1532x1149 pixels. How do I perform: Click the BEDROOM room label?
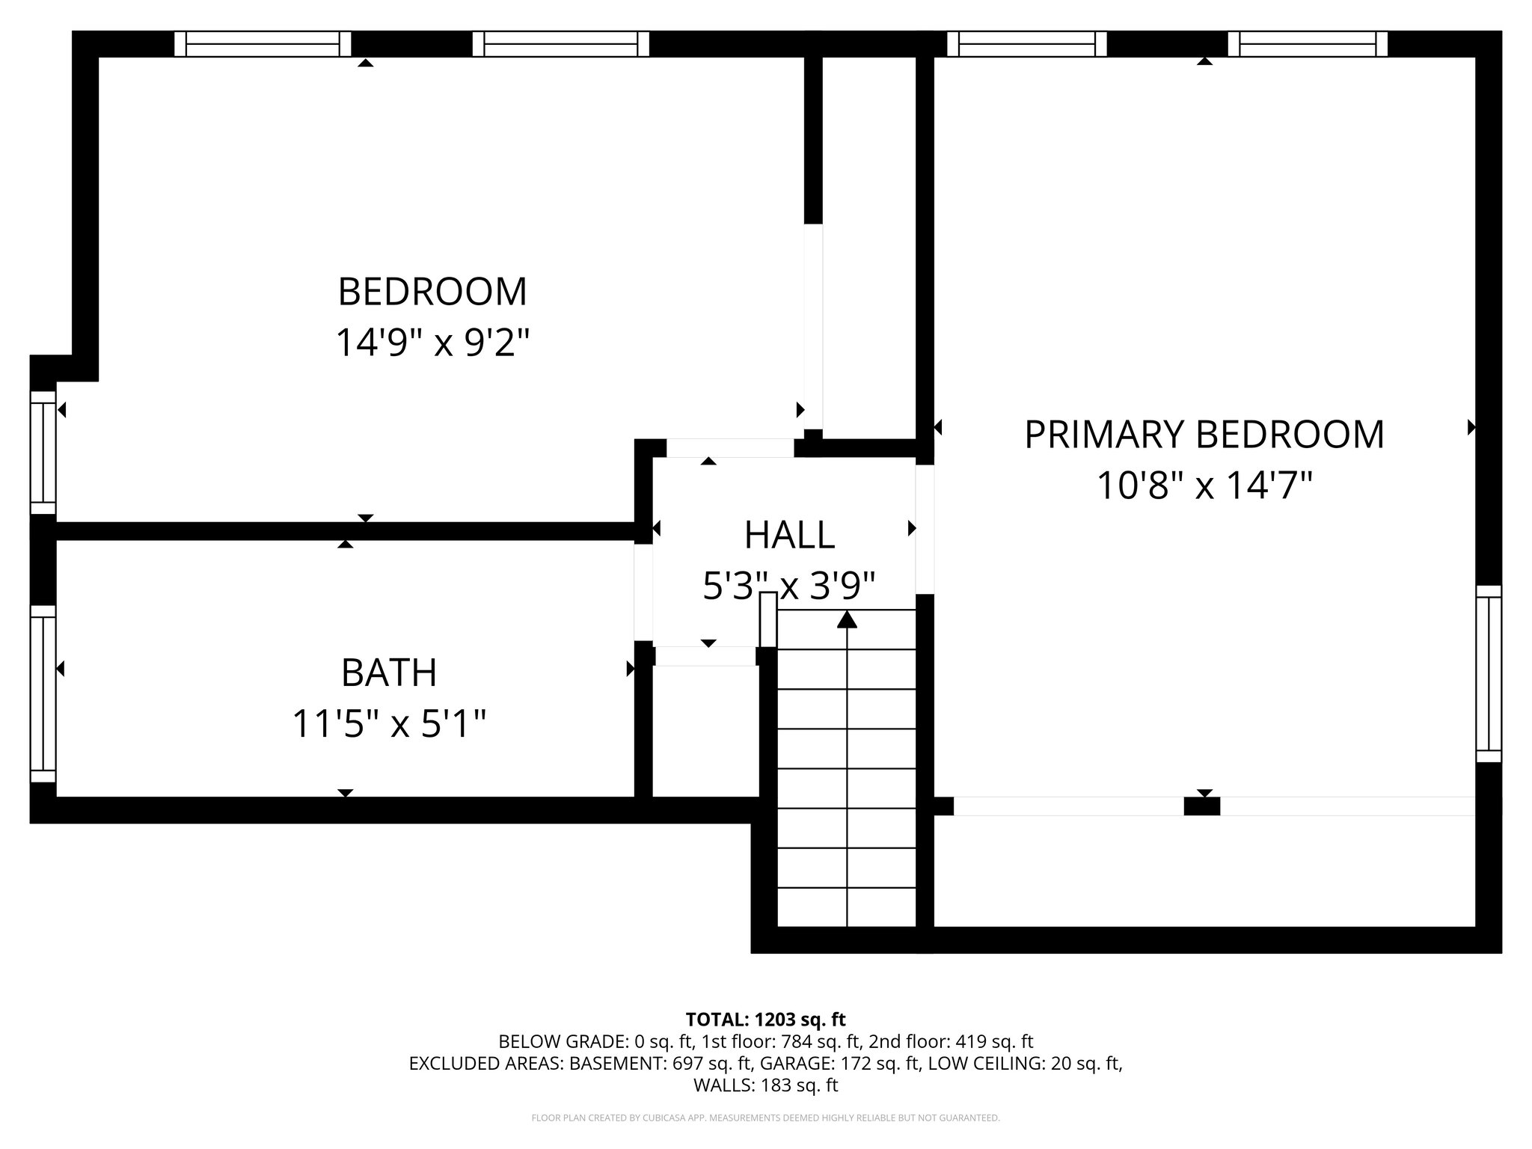coord(432,292)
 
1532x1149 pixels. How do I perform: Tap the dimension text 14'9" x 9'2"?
coord(432,343)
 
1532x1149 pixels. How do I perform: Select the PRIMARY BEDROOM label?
coord(1204,435)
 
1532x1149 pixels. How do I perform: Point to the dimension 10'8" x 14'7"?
coord(1204,485)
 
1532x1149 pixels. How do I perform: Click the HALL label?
coord(789,535)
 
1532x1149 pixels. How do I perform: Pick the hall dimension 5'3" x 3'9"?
coord(789,586)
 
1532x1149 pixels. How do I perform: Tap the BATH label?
coord(389,672)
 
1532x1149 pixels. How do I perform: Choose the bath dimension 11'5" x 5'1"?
coord(389,724)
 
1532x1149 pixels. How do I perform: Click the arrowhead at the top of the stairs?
coord(847,619)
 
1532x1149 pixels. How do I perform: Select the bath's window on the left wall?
coord(43,688)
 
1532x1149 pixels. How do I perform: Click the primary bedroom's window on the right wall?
coord(1489,674)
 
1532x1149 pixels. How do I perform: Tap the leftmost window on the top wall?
coord(263,44)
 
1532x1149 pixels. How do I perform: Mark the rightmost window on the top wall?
coord(1307,44)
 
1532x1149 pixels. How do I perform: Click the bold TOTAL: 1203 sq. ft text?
coord(765,1020)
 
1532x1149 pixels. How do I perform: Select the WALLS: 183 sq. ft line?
coord(765,1085)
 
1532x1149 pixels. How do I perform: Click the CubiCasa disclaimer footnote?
coord(765,1118)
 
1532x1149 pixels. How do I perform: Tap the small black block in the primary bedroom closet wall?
coord(1201,806)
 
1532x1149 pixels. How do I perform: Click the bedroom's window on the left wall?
coord(43,453)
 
